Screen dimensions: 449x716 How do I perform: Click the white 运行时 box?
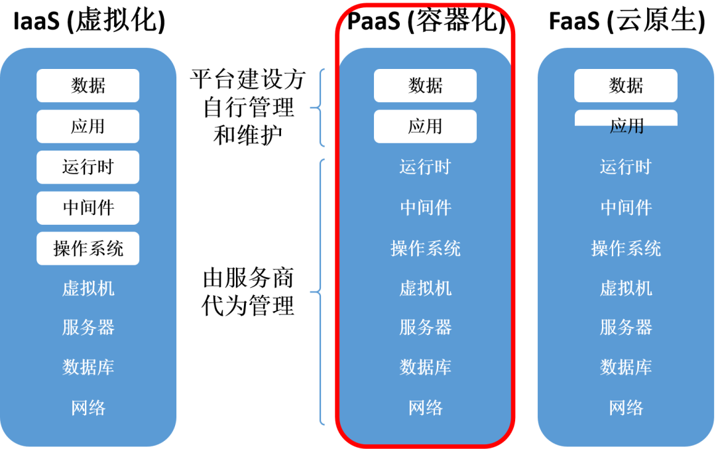coord(88,167)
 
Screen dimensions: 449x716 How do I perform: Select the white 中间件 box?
coord(88,208)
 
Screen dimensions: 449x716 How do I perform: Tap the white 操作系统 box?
coord(88,248)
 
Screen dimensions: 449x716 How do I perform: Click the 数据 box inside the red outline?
coord(425,86)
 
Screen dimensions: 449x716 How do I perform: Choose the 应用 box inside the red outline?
coord(425,126)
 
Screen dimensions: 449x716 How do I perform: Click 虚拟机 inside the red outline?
coord(425,289)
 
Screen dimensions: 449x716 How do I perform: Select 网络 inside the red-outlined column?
coord(425,408)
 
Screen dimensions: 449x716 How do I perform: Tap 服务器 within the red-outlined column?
coord(425,328)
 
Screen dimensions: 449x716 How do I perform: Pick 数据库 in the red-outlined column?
coord(425,367)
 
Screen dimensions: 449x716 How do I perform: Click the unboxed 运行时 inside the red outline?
coord(425,167)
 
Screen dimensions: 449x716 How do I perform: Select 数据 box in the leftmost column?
coord(88,86)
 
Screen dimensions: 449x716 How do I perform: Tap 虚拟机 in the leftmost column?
coord(88,289)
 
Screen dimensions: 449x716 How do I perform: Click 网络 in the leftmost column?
coord(88,408)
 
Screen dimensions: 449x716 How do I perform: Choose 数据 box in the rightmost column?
coord(626,86)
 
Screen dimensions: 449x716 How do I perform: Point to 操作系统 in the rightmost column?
coord(626,249)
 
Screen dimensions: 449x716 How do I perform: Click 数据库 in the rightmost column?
coord(626,367)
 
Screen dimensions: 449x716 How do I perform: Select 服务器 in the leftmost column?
coord(88,328)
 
